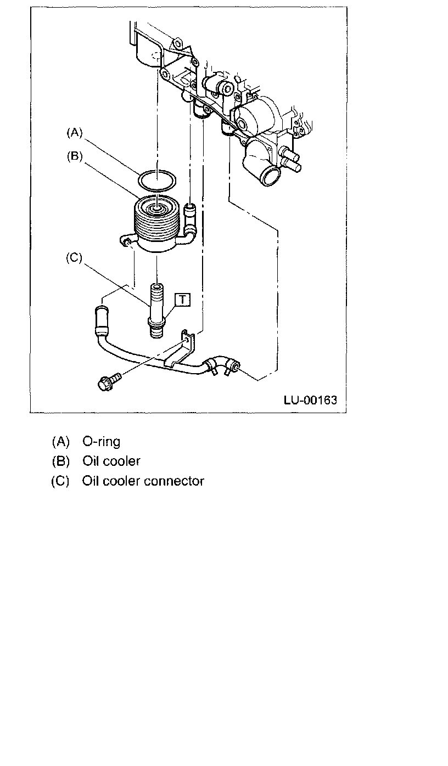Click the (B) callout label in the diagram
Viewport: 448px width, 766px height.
74,156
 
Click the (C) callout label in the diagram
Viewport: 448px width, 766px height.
73,258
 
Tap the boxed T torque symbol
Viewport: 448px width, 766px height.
182,299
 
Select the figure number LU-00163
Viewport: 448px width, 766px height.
310,399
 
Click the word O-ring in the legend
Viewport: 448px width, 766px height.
101,441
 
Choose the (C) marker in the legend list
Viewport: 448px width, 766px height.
60,481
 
